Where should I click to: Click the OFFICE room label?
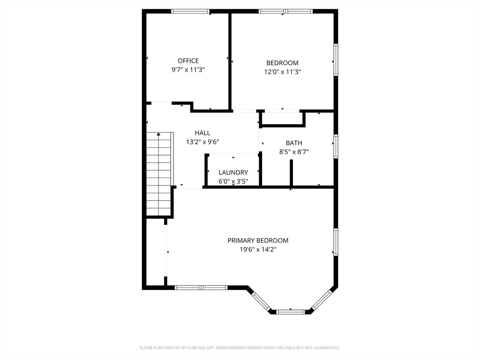coord(188,60)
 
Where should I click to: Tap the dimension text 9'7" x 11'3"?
coord(188,70)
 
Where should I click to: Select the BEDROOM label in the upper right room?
coord(282,63)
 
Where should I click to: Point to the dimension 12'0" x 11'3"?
coord(283,72)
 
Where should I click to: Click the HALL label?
coord(202,133)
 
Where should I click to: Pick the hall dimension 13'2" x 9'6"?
coord(202,142)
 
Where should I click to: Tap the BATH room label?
coord(294,143)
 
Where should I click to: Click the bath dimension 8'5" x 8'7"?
coord(294,152)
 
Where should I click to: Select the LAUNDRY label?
coord(233,172)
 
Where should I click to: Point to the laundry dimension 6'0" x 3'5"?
coord(233,181)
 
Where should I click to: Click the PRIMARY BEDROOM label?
coord(258,240)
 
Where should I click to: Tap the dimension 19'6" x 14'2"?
coord(258,250)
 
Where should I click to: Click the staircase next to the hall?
coord(158,174)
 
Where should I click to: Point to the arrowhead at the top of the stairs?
coord(158,134)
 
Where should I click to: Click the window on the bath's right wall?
coord(336,147)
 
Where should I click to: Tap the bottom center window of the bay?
coord(291,312)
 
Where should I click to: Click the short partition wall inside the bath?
coord(292,172)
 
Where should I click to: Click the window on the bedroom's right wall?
coord(336,60)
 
